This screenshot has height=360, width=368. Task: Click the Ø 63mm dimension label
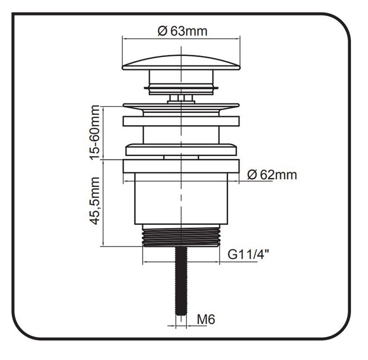[183, 31]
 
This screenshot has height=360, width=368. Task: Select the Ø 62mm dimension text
[272, 175]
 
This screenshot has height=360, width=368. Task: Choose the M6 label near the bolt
[206, 320]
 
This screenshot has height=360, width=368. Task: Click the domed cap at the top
[181, 62]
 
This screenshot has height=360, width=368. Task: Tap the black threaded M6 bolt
[181, 282]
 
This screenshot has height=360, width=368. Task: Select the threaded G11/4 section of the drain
[181, 236]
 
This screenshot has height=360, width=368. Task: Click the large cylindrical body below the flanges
[181, 199]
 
